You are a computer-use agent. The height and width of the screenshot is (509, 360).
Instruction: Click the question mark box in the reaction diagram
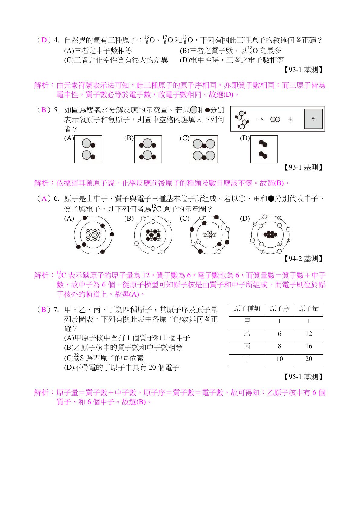(313, 119)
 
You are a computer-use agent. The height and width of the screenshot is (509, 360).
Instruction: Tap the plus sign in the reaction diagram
(290, 119)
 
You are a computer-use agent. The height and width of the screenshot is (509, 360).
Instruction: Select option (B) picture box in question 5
(148, 149)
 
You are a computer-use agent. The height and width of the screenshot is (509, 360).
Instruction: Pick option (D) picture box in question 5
(264, 149)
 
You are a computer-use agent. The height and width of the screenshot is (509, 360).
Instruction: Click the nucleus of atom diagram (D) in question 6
(270, 235)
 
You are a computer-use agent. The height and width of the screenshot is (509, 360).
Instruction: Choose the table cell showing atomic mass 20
(309, 359)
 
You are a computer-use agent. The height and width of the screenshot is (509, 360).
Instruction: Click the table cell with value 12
(309, 334)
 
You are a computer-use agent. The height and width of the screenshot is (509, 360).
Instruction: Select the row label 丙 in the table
(247, 346)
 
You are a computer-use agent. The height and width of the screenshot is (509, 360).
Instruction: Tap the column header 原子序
(280, 309)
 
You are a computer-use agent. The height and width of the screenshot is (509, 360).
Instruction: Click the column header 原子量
(309, 309)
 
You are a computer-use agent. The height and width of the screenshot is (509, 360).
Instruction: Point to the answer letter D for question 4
(44, 40)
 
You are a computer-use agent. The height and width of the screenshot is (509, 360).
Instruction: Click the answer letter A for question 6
(44, 199)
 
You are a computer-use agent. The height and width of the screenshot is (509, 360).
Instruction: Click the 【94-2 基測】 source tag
(303, 259)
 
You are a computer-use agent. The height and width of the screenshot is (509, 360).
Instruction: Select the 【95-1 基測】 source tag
(303, 377)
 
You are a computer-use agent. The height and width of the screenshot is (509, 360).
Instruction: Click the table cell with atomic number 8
(280, 346)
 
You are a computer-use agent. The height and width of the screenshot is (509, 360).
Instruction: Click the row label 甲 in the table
(247, 321)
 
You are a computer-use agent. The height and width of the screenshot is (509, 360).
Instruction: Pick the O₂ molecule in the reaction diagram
(275, 119)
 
